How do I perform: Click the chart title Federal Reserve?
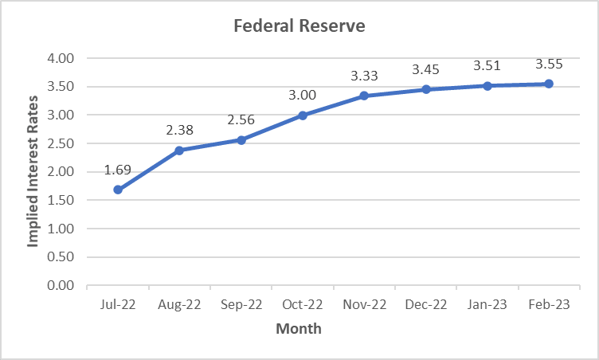point(299,26)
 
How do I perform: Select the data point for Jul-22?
point(118,190)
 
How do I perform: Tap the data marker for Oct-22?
point(303,115)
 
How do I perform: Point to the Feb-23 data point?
point(549,84)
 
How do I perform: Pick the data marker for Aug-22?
point(179,151)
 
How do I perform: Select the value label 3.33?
point(364,76)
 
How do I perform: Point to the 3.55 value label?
point(549,64)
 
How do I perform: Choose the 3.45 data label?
point(425,69)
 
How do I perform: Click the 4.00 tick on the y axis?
point(61,59)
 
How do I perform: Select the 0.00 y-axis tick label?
point(61,285)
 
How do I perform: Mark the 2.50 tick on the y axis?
point(61,143)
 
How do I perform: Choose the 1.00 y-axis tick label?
point(61,229)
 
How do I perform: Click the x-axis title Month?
point(299,328)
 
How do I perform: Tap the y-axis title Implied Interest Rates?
point(33,172)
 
